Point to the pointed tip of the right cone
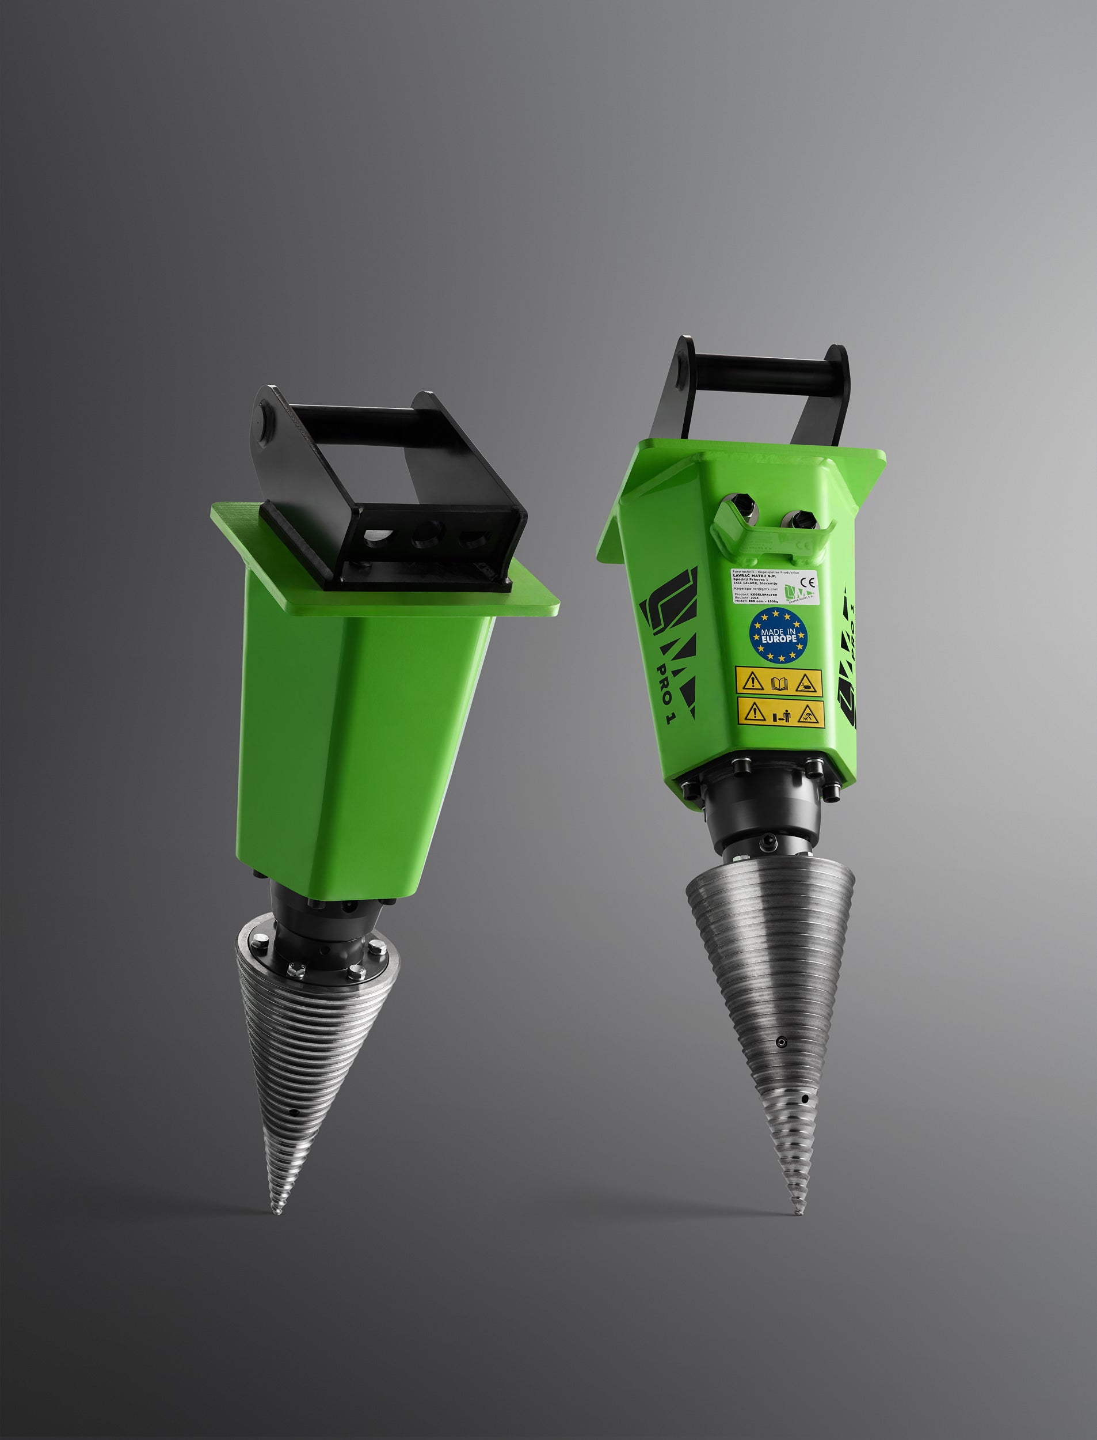tap(797, 1212)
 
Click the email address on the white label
tap(756, 589)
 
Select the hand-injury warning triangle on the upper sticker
tap(809, 683)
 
